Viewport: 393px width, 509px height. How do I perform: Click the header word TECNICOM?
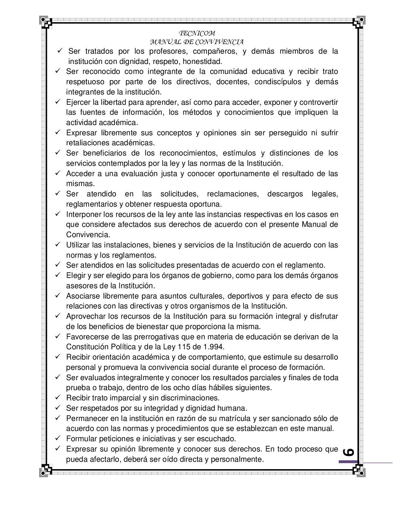(x=197, y=33)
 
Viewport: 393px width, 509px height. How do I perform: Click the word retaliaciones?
(x=86, y=143)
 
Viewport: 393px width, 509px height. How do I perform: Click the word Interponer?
(x=83, y=214)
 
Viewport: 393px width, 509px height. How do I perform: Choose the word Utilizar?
(x=77, y=245)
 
